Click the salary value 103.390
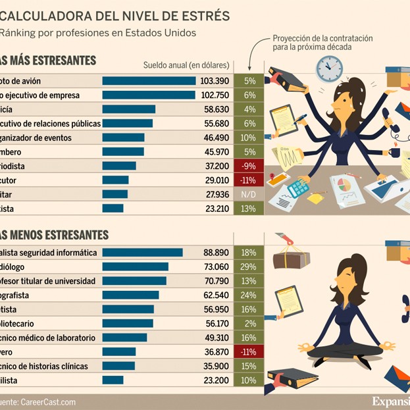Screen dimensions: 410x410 [x=215, y=81]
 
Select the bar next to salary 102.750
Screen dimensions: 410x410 [x=149, y=95]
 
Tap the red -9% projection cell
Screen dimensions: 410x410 [x=249, y=166]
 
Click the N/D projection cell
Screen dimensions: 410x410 [x=249, y=194]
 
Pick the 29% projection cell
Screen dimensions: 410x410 [x=249, y=267]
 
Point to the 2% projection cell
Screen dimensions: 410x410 [x=249, y=323]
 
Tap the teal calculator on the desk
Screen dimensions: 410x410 [x=298, y=188]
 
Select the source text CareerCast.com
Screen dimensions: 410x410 [x=48, y=401]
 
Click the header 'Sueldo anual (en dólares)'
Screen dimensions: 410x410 [x=186, y=64]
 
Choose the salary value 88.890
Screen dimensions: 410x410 [x=216, y=252]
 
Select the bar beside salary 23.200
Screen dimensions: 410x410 [x=113, y=380]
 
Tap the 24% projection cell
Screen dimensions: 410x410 [x=249, y=295]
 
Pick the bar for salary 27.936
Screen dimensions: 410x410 [x=115, y=194]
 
